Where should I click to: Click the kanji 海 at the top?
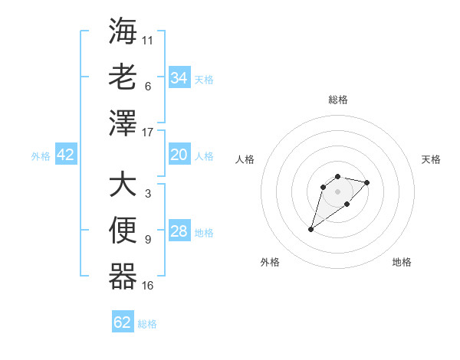click(x=123, y=31)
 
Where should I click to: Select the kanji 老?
click(x=123, y=77)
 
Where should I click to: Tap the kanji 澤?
click(x=123, y=123)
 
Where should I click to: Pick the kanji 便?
click(x=123, y=231)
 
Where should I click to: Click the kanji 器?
click(x=123, y=277)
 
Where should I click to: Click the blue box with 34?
click(x=179, y=77)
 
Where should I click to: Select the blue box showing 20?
click(x=179, y=155)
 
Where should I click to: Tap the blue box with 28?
click(x=179, y=232)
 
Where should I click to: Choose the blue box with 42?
click(x=66, y=155)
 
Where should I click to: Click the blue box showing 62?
click(x=123, y=322)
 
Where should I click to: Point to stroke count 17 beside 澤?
click(x=148, y=133)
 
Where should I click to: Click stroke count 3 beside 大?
click(x=147, y=194)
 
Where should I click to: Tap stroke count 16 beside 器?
click(x=148, y=286)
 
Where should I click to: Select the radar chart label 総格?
click(x=337, y=100)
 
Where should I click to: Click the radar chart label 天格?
click(x=431, y=159)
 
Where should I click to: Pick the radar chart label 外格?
click(x=270, y=262)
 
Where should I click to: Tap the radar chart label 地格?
click(x=402, y=262)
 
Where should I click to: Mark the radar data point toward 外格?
click(x=311, y=229)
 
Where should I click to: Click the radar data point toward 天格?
click(x=367, y=182)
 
